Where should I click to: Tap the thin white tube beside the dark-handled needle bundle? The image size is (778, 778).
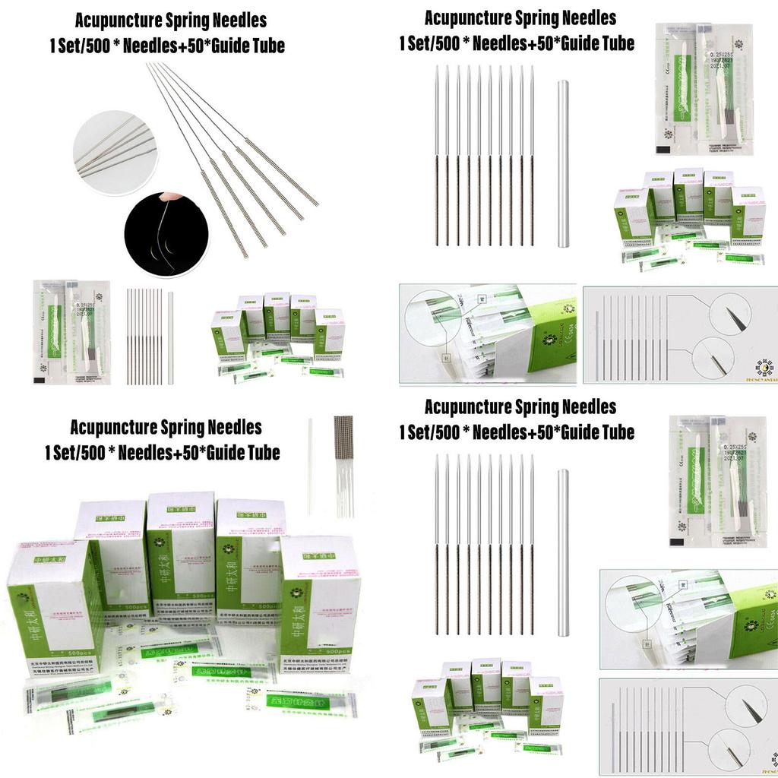pyautogui.click(x=311, y=463)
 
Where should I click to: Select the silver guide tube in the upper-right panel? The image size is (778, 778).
pyautogui.click(x=564, y=163)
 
